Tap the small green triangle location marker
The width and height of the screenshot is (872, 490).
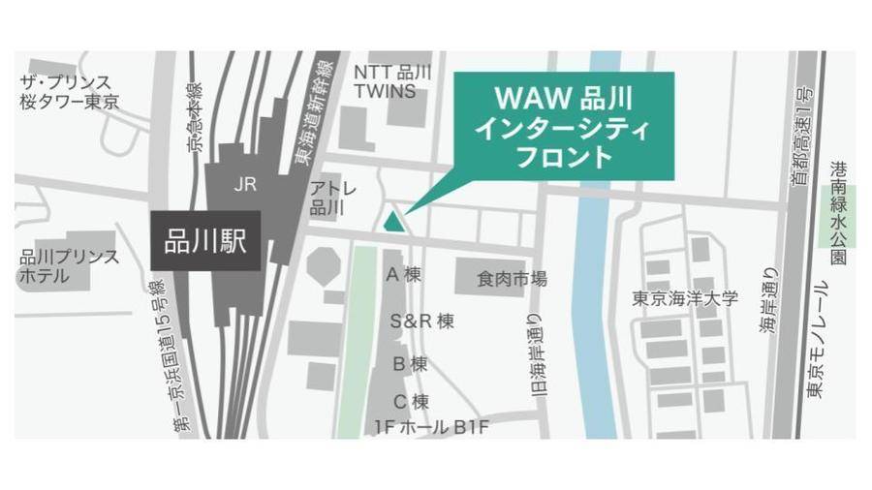point(392,222)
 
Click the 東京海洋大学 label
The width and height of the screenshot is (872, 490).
point(684,298)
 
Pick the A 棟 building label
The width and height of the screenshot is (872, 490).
point(404,275)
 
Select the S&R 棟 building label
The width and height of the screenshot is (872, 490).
point(421,322)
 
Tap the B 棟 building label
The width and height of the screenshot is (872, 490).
point(410,364)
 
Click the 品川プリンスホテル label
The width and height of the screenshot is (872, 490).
point(69,266)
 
